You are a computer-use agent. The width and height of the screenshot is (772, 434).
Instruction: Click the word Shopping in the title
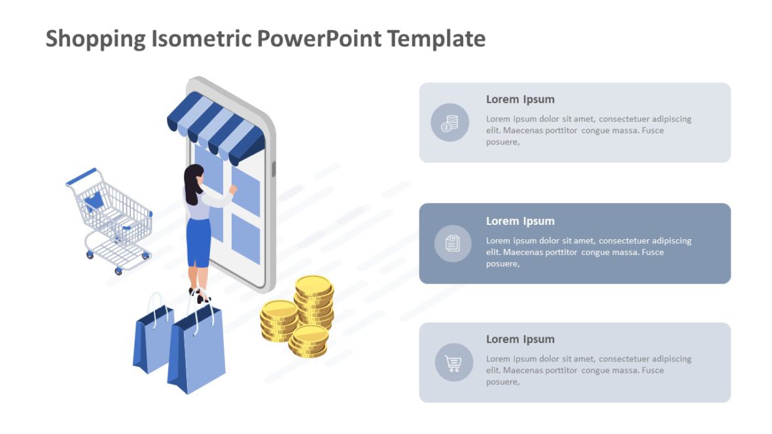pyautogui.click(x=96, y=39)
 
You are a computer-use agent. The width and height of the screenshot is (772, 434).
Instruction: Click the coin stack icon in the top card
pyautogui.click(x=449, y=122)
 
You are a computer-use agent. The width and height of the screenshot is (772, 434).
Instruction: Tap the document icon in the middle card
pyautogui.click(x=453, y=244)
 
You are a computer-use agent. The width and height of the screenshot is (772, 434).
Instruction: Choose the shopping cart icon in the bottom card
pyautogui.click(x=453, y=363)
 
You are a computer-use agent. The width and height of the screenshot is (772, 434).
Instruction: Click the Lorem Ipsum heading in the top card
pyautogui.click(x=520, y=99)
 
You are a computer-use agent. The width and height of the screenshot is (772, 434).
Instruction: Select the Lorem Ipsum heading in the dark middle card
pyautogui.click(x=520, y=221)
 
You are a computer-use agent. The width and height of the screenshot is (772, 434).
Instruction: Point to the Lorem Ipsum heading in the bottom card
pyautogui.click(x=520, y=339)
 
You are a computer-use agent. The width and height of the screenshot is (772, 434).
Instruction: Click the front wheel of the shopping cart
pyautogui.click(x=118, y=271)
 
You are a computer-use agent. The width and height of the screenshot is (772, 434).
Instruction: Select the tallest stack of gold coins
pyautogui.click(x=314, y=301)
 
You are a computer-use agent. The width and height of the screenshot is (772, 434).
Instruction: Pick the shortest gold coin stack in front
pyautogui.click(x=309, y=341)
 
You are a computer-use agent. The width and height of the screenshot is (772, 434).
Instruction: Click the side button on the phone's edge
pyautogui.click(x=273, y=169)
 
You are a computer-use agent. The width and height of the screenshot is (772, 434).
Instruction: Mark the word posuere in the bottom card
pyautogui.click(x=502, y=382)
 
